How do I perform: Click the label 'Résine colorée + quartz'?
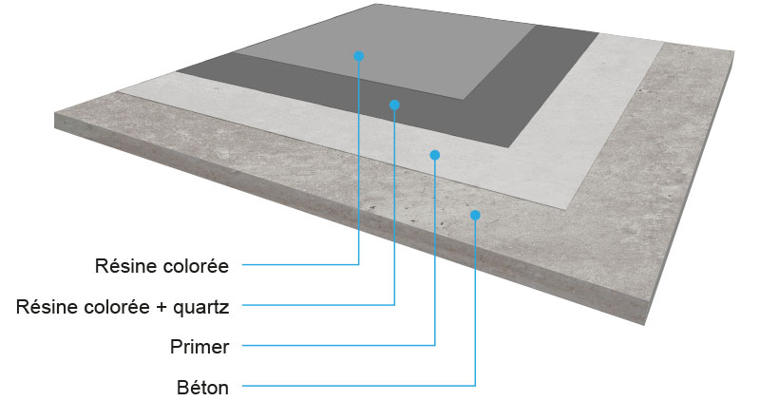[x=123, y=306]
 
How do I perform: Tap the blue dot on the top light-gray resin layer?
[x=358, y=55]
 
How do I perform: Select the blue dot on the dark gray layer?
[x=394, y=105]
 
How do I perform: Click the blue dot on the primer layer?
[x=434, y=154]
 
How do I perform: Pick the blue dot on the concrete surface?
[x=475, y=215]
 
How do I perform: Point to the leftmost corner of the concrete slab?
[x=55, y=116]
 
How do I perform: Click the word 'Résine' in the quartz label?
[x=44, y=306]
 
